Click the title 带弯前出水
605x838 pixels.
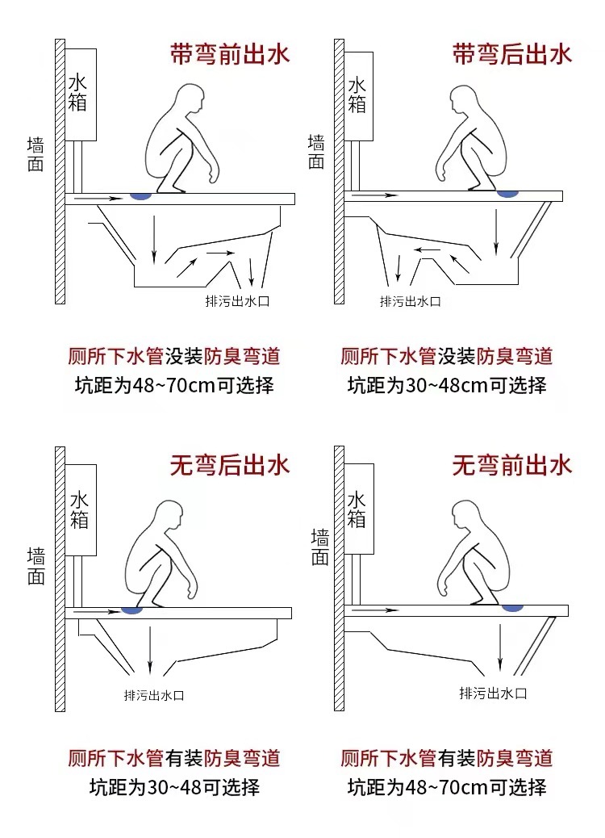[x=229, y=54]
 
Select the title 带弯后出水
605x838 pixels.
[x=511, y=54]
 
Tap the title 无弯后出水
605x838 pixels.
[x=229, y=465]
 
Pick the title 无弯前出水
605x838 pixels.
[x=511, y=465]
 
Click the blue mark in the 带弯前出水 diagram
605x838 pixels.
[x=142, y=195]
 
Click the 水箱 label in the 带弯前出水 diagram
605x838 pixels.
[x=78, y=92]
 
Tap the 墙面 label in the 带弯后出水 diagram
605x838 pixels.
[x=316, y=152]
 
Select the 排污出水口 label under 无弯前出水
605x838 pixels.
[x=493, y=693]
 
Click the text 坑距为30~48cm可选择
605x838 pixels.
[x=447, y=384]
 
